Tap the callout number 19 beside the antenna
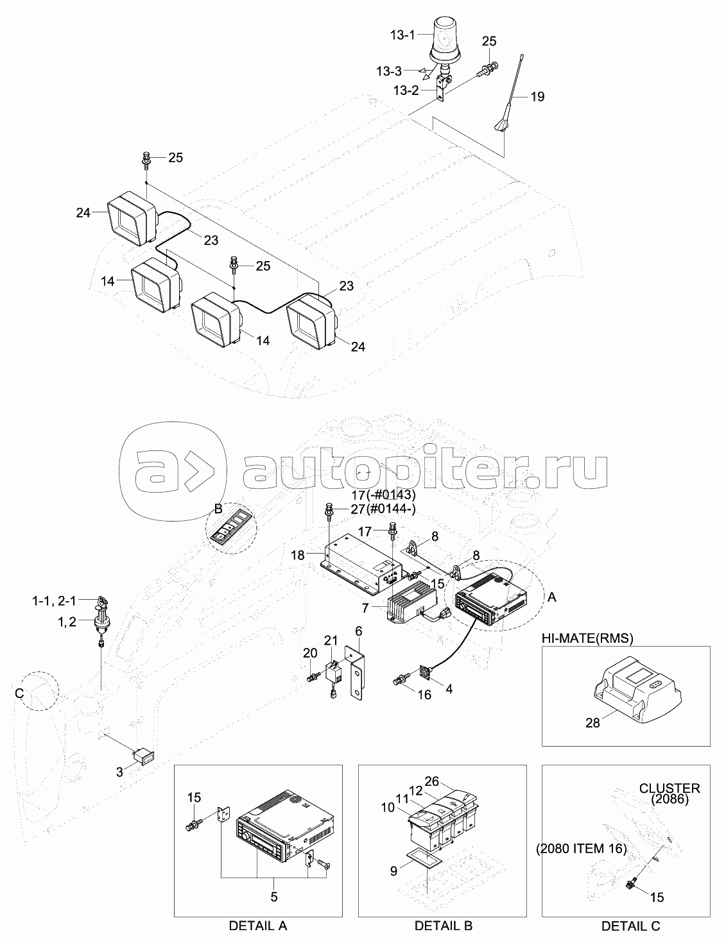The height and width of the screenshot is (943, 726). [x=538, y=97]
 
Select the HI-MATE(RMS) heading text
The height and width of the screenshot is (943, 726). [x=587, y=638]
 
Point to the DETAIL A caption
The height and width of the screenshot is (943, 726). [x=258, y=926]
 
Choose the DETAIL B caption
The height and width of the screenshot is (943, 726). [x=444, y=926]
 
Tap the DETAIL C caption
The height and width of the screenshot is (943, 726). [x=630, y=926]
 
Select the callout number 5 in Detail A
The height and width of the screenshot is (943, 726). [x=274, y=897]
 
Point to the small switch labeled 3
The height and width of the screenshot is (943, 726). [x=142, y=756]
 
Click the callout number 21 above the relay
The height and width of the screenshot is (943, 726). [x=331, y=640]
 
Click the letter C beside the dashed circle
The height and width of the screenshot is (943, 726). [x=19, y=693]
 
